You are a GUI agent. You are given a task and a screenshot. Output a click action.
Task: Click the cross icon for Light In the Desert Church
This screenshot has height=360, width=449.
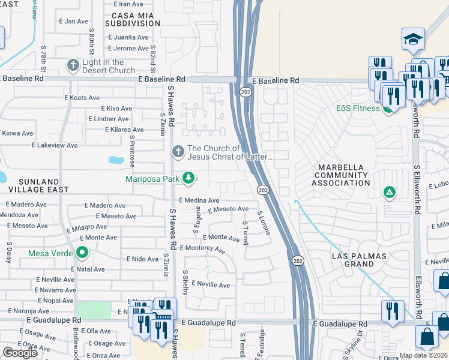pyautogui.click(x=73, y=64)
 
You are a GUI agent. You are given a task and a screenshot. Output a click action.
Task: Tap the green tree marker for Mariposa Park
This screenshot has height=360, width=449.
pyautogui.click(x=188, y=178)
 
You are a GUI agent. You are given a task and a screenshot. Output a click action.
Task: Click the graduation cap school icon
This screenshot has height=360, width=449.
pyautogui.click(x=412, y=40)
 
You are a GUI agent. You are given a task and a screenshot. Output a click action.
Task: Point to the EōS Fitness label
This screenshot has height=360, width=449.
pyautogui.click(x=358, y=108)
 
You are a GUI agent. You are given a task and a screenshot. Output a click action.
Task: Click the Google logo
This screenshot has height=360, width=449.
pyautogui.click(x=20, y=353)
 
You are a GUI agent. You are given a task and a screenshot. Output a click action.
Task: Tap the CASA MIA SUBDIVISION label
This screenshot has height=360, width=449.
pyautogui.click(x=132, y=19)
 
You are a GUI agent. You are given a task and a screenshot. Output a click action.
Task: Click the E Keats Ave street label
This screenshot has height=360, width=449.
pyautogui.click(x=82, y=98)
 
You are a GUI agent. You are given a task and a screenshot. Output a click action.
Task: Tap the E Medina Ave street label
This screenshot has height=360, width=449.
pyautogui.click(x=199, y=200)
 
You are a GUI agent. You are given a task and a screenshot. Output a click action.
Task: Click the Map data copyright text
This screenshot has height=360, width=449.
pyautogui.click(x=423, y=355)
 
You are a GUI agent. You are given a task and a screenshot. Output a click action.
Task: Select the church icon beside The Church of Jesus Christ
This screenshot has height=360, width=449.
pyautogui.click(x=177, y=152)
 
